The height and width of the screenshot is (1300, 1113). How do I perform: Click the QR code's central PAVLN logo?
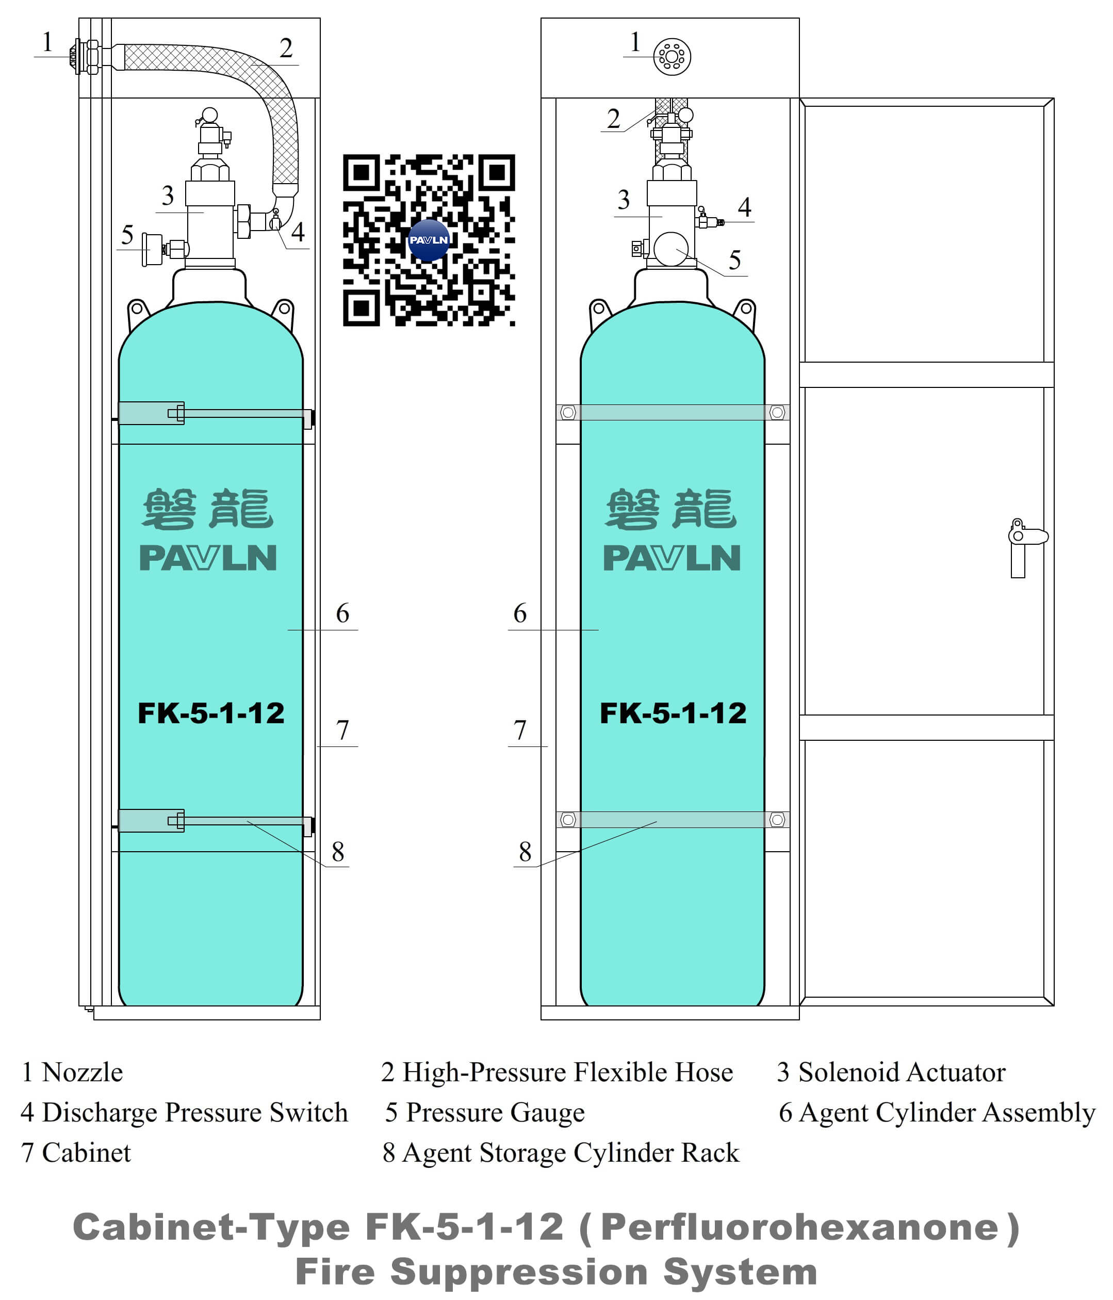[429, 240]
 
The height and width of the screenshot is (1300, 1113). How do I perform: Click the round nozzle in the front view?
[672, 56]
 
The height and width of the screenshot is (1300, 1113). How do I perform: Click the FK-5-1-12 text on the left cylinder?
[211, 713]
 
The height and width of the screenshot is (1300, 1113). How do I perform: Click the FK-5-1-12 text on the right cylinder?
[673, 713]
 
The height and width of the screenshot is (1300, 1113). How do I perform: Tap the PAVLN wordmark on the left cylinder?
[208, 558]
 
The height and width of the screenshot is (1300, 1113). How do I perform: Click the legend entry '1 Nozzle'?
[72, 1072]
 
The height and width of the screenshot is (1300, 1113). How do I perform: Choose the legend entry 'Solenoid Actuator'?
[891, 1072]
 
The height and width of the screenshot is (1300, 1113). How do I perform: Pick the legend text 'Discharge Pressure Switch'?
[184, 1112]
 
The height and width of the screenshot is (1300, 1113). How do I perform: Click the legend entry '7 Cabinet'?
[76, 1152]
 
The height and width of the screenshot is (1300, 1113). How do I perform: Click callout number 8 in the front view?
[525, 851]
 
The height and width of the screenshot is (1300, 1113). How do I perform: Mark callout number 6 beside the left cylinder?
[342, 613]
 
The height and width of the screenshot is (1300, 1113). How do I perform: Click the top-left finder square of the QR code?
[361, 172]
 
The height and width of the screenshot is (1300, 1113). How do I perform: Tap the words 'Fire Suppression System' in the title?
[556, 1272]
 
